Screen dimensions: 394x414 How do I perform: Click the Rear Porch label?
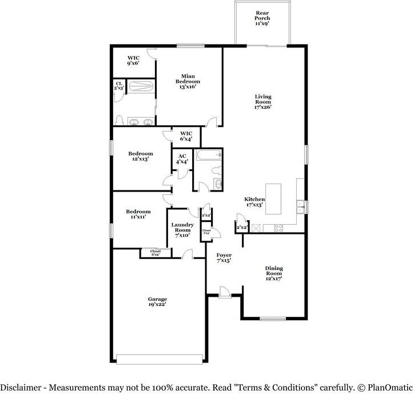(262, 18)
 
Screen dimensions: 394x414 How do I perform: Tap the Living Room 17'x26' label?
(263, 101)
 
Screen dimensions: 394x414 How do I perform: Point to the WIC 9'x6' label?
(134, 61)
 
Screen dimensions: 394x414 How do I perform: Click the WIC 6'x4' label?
(186, 136)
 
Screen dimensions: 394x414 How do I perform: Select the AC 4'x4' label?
(182, 158)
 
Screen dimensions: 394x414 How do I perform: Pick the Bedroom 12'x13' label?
(140, 156)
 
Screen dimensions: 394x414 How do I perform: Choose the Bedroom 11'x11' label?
(138, 214)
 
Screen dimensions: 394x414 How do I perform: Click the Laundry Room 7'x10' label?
(183, 230)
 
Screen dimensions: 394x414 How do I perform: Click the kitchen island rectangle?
(275, 197)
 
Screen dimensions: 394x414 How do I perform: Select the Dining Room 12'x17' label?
(274, 274)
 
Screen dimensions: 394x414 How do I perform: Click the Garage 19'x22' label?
(157, 302)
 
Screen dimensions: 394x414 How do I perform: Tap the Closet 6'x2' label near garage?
(156, 253)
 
